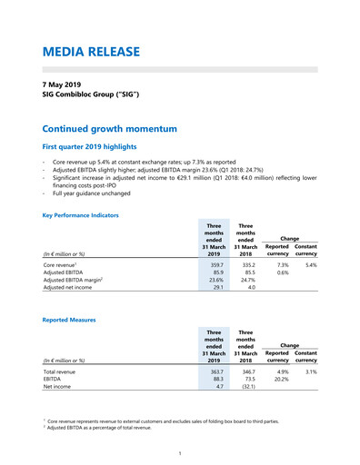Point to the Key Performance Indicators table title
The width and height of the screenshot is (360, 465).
81,215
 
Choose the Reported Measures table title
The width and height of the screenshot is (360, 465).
70,320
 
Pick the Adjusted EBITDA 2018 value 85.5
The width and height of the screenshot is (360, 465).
245,272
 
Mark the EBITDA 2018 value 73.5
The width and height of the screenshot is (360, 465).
245,381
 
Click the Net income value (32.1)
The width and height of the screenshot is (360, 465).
245,388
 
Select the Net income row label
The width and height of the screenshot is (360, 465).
58,388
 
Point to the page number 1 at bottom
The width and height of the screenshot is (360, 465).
180,451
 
